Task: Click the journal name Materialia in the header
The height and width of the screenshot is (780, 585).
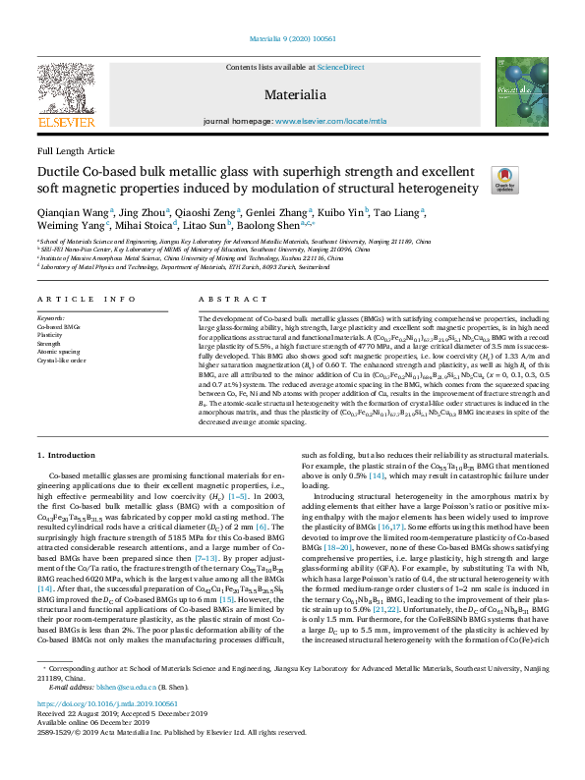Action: click(292, 94)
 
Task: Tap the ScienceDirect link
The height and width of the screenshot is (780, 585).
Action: click(339, 67)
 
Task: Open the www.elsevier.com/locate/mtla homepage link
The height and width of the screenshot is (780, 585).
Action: click(331, 122)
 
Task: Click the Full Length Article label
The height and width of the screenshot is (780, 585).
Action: click(75, 151)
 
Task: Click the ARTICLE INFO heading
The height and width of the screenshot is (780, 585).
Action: click(87, 299)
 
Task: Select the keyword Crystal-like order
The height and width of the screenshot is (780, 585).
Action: click(62, 361)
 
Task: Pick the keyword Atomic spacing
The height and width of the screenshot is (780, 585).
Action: click(58, 352)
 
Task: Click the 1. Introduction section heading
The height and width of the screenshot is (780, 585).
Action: click(67, 457)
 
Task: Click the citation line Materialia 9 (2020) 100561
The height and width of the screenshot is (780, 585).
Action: click(292, 39)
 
